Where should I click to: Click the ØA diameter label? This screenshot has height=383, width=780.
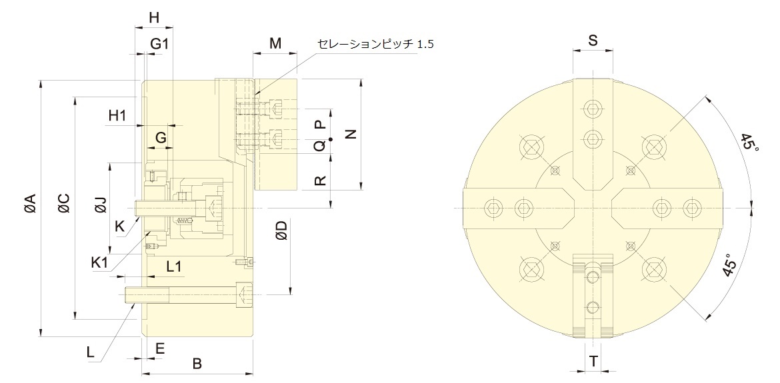coord(29,203)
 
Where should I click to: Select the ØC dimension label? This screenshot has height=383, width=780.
coord(63,203)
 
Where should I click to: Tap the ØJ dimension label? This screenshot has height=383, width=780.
coord(101,204)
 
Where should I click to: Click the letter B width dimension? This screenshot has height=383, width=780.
coord(197,364)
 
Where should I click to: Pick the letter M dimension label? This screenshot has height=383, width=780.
coord(275,44)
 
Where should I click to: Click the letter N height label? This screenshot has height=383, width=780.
coord(351,134)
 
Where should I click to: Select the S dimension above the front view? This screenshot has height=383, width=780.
coord(593,41)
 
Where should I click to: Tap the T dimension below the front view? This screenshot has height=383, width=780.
coord(593,362)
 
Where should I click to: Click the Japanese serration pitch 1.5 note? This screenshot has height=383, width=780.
coord(375,44)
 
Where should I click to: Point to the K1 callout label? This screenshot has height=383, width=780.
coord(99,262)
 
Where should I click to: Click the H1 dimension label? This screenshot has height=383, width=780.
coord(117,116)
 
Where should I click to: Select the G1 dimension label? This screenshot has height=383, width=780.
coord(159,44)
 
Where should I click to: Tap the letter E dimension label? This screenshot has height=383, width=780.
coord(160,348)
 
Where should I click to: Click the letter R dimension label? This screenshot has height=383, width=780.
coord(321,181)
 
